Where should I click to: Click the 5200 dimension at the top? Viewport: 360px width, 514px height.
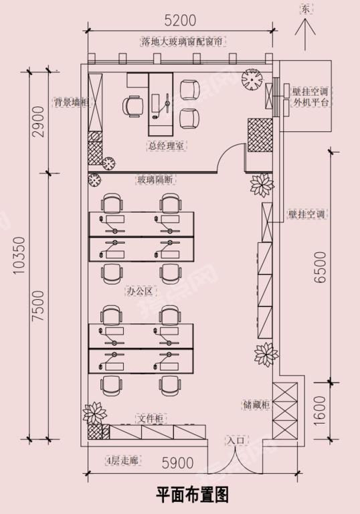(180, 20)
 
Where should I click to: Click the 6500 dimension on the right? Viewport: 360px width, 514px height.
(321, 267)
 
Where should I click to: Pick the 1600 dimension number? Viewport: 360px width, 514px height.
(321, 412)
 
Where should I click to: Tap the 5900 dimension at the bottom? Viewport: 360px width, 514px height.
(177, 463)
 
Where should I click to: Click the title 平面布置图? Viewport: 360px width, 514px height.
(192, 495)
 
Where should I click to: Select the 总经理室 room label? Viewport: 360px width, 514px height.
(165, 145)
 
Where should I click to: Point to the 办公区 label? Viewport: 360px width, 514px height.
(139, 291)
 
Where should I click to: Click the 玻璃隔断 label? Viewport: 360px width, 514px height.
(156, 179)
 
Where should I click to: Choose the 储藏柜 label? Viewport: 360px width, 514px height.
(256, 405)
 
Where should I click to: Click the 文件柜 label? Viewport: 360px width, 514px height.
(150, 418)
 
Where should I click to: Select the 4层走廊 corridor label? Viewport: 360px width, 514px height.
(122, 460)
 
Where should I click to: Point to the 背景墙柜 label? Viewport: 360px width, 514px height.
(72, 102)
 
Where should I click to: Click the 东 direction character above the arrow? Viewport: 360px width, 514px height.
(305, 10)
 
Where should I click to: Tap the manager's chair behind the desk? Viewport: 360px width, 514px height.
(132, 106)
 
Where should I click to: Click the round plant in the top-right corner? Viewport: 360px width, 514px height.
(252, 79)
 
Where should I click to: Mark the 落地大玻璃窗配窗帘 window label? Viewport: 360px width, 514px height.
(182, 42)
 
